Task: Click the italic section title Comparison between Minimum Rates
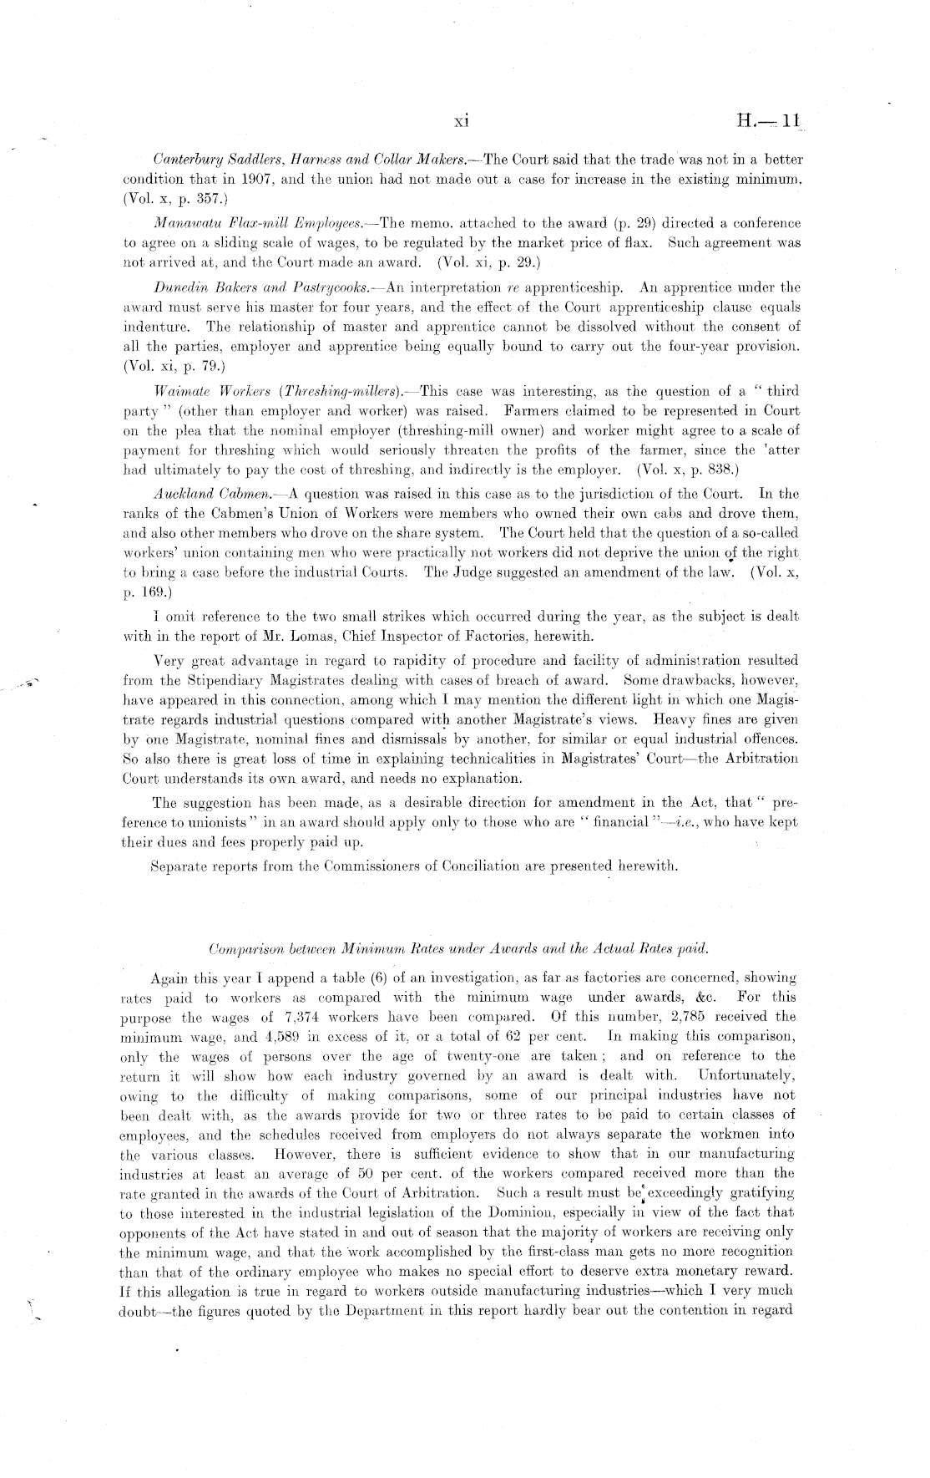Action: pos(458,949)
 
